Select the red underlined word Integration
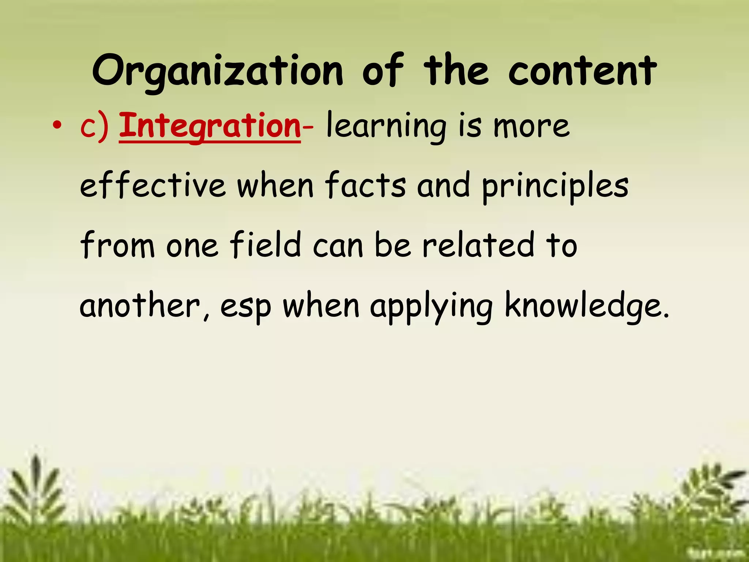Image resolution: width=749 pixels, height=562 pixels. [x=210, y=126]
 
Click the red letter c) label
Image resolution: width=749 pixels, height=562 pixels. [x=94, y=126]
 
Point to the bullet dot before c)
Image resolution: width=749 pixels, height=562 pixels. [x=57, y=126]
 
